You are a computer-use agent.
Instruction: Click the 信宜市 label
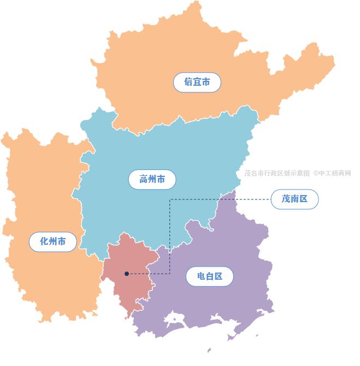click(x=197, y=82)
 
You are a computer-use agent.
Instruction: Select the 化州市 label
click(x=53, y=241)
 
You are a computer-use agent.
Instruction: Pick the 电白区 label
click(x=210, y=276)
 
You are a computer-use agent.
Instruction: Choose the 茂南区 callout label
click(x=294, y=199)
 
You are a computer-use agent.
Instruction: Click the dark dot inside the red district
click(x=127, y=274)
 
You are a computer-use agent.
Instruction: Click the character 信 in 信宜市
click(x=188, y=82)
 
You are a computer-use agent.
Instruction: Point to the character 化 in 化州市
click(x=44, y=241)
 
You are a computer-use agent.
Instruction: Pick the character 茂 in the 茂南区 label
click(x=286, y=199)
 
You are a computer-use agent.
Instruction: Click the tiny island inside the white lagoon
click(x=176, y=316)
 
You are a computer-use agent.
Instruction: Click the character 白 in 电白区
click(x=210, y=276)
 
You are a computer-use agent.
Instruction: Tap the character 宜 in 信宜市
click(x=197, y=82)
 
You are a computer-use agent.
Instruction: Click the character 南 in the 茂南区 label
click(x=294, y=199)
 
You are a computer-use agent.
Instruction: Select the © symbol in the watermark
click(x=315, y=173)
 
